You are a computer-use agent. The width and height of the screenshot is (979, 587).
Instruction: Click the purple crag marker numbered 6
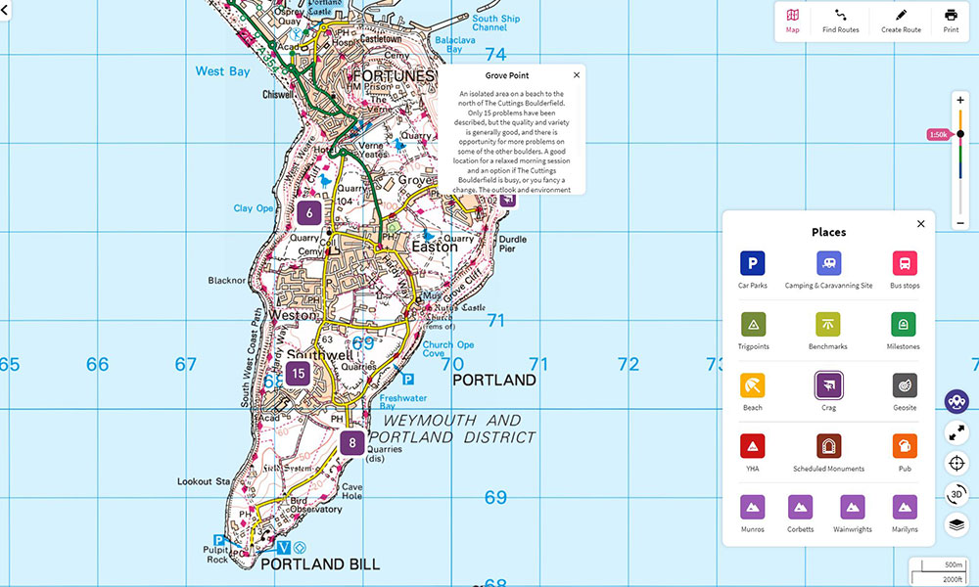point(309,213)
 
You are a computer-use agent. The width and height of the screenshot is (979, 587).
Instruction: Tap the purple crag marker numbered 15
point(300,373)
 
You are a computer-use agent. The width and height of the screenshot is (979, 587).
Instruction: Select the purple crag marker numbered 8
point(352,443)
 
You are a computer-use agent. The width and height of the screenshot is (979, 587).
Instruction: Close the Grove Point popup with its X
point(577,75)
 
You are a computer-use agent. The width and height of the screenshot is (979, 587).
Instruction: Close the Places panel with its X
point(920,224)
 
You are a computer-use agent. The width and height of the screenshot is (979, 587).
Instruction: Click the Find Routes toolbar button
point(840,21)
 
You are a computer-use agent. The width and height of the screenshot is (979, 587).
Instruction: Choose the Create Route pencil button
point(901,21)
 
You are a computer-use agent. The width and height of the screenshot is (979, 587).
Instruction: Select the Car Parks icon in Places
point(752,263)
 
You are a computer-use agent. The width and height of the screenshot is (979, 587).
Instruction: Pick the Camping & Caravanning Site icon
point(828,263)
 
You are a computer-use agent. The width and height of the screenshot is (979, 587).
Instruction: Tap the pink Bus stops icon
point(904,263)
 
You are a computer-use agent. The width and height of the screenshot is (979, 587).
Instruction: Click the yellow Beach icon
point(752,385)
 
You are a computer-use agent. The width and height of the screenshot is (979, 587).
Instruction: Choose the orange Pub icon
point(904,446)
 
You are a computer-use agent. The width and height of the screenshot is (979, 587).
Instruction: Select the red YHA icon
point(752,446)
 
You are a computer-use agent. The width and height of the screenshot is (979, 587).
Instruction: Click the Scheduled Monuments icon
point(828,446)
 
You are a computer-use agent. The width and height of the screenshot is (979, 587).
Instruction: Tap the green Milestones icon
point(904,324)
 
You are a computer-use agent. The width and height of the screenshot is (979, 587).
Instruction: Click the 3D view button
point(956,494)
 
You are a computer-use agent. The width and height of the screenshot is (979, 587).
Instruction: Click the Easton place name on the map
point(434,248)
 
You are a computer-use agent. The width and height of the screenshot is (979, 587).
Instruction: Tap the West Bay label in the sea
point(223,71)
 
